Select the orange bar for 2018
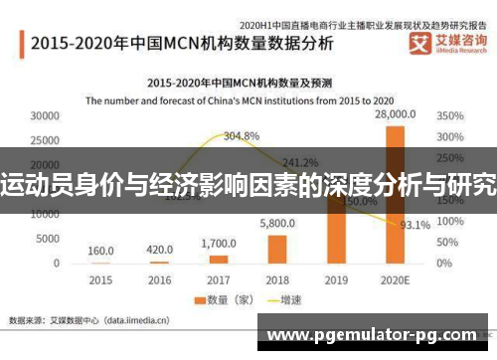tap(276, 249)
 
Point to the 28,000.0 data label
tap(395, 116)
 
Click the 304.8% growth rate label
tap(242, 135)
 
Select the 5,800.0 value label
tap(277, 225)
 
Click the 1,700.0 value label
tap(218, 244)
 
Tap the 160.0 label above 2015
tap(100, 251)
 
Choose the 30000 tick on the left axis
tap(45, 116)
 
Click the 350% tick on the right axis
tap(449, 116)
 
